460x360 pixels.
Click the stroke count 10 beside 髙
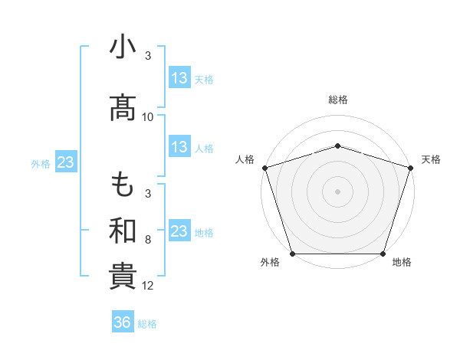[x=148, y=117]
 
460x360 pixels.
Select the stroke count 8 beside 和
[x=148, y=240]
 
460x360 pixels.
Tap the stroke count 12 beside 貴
[x=148, y=286]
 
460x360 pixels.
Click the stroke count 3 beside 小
[x=148, y=56]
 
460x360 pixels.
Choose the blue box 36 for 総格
[x=123, y=322]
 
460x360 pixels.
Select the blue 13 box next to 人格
[x=179, y=148]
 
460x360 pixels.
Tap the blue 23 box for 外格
[x=65, y=163]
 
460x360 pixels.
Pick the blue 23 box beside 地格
[x=179, y=231]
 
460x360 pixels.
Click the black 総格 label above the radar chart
[x=338, y=100]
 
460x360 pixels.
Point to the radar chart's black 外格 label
[x=269, y=262]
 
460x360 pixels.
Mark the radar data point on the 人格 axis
[x=264, y=168]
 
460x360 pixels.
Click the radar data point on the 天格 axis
[x=411, y=168]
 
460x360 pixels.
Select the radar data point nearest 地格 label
[x=383, y=254]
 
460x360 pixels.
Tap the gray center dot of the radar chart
[x=338, y=191]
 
